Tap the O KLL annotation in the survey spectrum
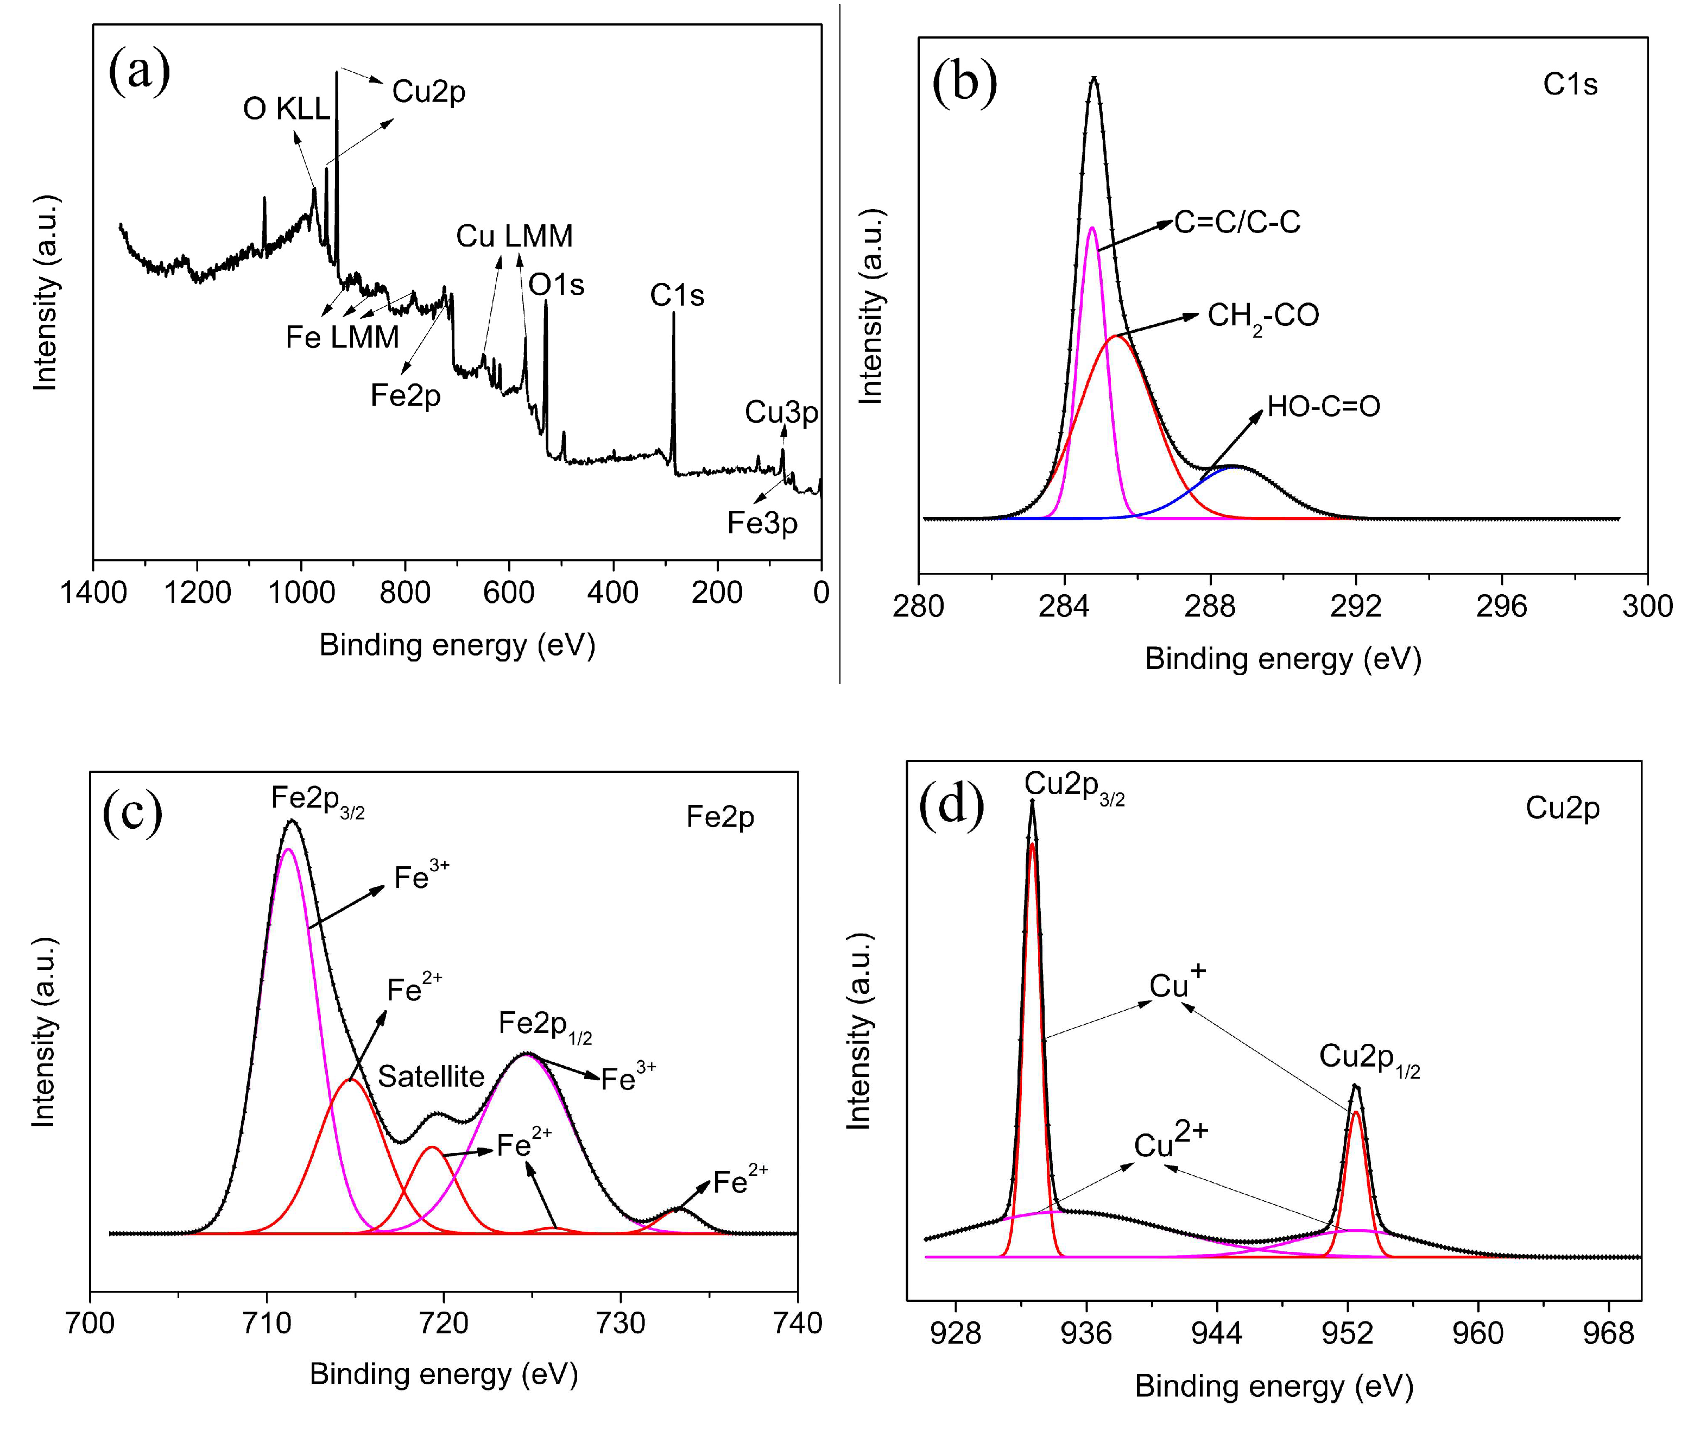tap(286, 109)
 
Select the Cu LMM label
tap(514, 236)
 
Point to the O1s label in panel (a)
tap(556, 285)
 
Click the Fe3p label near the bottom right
tap(761, 523)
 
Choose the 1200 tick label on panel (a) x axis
tap(197, 593)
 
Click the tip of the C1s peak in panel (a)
tap(673, 314)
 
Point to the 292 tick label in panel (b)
tap(1355, 606)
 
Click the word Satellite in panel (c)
tap(431, 1076)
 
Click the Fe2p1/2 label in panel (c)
tap(544, 1025)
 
